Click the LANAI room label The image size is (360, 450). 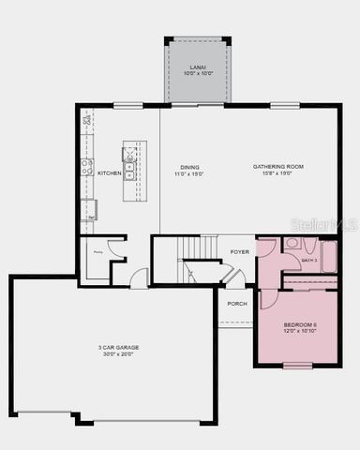click(197, 67)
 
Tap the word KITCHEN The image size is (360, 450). click(109, 172)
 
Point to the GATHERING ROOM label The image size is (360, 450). click(278, 167)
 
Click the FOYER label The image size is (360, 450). click(240, 251)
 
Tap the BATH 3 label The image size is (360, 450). click(308, 260)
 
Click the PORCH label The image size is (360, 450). click(237, 303)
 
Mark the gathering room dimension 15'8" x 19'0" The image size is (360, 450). click(278, 173)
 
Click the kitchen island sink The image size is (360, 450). click(129, 172)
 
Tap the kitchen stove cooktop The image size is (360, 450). click(87, 168)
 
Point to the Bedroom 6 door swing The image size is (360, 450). click(268, 298)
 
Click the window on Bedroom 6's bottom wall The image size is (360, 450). click(297, 366)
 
